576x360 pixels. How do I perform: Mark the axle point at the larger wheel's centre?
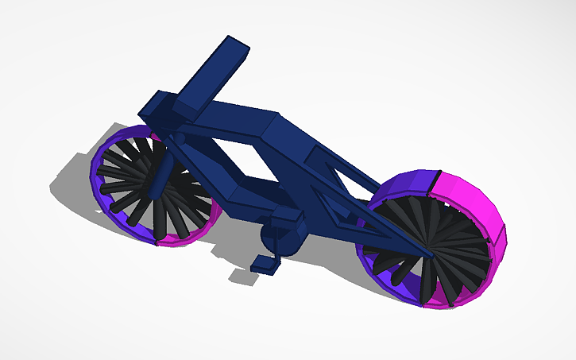click(430, 254)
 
